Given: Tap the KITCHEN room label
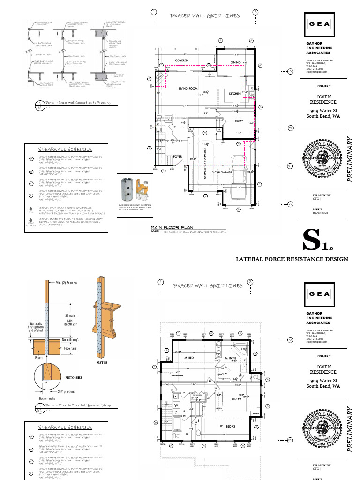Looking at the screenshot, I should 235,94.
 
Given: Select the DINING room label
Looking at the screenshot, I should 235,62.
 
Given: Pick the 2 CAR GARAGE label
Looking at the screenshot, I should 222,172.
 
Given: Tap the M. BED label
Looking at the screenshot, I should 189,358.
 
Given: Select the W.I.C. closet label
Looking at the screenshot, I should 222,375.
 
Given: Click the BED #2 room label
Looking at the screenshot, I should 236,399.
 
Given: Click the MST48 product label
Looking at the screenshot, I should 102,362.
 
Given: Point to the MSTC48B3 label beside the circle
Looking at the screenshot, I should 73,377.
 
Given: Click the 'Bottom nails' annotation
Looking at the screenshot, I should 47,398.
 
